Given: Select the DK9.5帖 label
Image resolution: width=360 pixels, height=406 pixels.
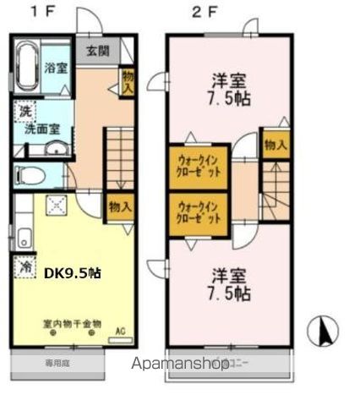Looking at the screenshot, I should pyautogui.click(x=72, y=273).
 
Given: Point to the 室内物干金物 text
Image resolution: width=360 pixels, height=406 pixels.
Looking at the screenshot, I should pyautogui.click(x=72, y=324).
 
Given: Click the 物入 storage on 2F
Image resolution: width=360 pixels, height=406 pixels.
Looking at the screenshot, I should pyautogui.click(x=275, y=145).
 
